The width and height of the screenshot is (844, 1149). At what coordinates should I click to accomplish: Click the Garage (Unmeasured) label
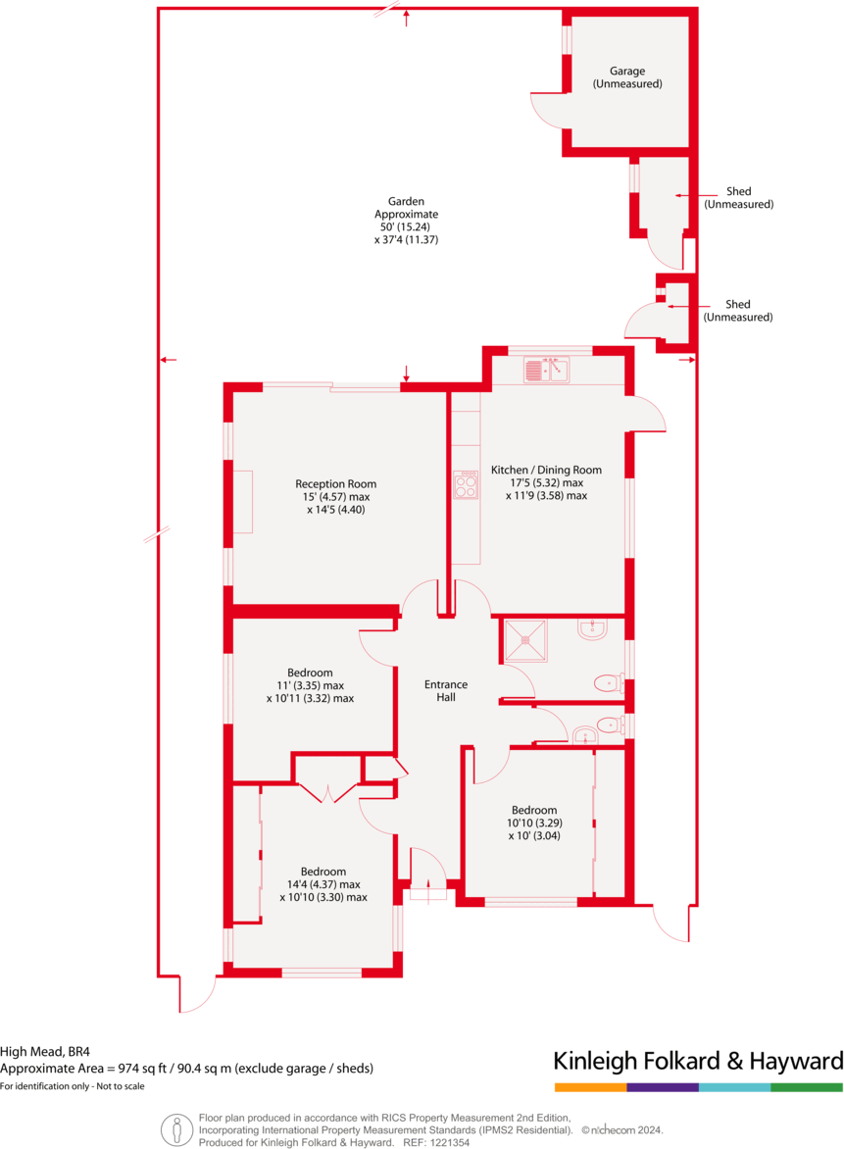tap(627, 77)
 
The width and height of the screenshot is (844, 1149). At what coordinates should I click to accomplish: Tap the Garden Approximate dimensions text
tap(406, 221)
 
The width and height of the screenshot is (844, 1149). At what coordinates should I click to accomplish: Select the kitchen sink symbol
tap(546, 370)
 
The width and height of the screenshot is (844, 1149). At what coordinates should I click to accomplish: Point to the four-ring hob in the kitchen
tap(466, 485)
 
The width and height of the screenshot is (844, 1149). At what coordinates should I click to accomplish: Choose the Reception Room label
tap(335, 496)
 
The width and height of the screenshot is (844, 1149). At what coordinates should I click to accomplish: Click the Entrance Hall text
tap(445, 690)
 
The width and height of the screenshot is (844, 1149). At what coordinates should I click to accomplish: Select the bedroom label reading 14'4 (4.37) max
tap(323, 884)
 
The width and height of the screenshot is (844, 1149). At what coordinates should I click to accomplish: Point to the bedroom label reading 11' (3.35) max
tap(310, 685)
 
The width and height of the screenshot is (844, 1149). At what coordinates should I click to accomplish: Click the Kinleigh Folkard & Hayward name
tap(698, 1061)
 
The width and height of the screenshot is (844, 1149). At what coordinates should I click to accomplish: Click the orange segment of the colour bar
tap(590, 1087)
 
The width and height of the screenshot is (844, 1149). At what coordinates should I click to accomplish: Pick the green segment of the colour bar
tap(807, 1087)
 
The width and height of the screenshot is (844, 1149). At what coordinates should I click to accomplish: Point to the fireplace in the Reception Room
tap(242, 502)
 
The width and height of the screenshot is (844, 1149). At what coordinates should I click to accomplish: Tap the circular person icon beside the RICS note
tap(177, 1129)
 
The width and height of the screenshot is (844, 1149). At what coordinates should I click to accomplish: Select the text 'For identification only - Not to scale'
tap(73, 1085)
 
